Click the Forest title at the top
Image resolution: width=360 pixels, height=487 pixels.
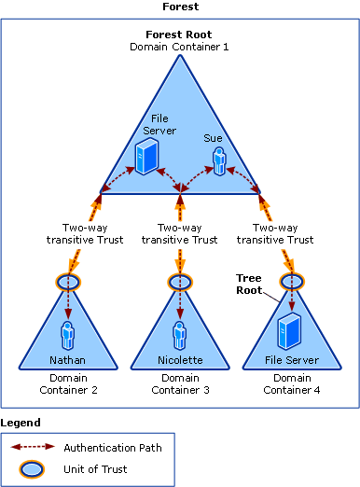click(x=179, y=7)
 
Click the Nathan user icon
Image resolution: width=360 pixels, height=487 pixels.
click(x=68, y=334)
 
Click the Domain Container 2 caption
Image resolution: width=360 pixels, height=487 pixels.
click(x=68, y=383)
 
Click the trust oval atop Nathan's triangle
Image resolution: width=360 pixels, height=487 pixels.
click(x=68, y=281)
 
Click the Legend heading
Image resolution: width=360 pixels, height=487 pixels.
click(x=21, y=423)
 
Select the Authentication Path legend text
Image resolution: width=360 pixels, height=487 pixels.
click(x=113, y=447)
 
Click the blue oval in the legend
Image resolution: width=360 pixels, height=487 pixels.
click(x=33, y=469)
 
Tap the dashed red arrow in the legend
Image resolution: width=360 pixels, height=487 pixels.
click(x=33, y=447)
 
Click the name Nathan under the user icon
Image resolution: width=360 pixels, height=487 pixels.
click(x=68, y=359)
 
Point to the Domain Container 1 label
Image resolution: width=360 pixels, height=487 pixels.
click(x=179, y=46)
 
